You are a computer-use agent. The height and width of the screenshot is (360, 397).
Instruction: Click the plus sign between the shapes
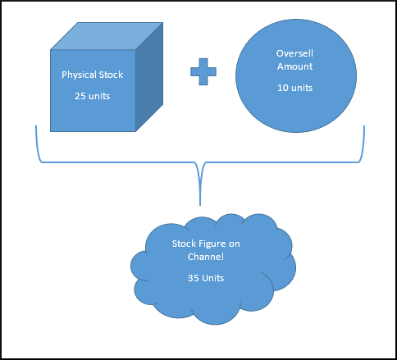click(x=203, y=71)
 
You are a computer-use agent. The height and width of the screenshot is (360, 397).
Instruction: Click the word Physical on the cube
click(x=79, y=75)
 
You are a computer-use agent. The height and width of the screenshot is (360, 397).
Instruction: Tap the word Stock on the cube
click(x=111, y=75)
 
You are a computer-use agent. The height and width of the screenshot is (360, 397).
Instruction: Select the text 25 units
click(x=93, y=96)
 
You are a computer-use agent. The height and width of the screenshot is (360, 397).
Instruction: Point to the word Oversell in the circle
click(x=294, y=53)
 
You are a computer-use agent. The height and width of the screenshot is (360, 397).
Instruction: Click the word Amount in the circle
click(x=294, y=66)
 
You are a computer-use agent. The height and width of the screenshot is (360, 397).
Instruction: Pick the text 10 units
click(x=294, y=88)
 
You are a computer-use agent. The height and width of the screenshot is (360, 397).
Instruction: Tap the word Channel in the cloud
click(x=206, y=257)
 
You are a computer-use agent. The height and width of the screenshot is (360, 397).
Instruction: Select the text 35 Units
click(x=206, y=278)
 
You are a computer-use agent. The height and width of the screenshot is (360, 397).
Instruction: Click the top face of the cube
click(x=107, y=36)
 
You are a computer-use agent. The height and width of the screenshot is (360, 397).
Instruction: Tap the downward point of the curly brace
click(x=200, y=205)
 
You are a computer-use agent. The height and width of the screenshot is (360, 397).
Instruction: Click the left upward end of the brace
click(x=36, y=126)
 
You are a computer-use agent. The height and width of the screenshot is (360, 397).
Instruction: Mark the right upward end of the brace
click(x=364, y=126)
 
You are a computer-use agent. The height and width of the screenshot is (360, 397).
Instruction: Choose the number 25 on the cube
click(x=80, y=96)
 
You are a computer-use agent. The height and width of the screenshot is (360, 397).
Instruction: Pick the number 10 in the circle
click(x=283, y=88)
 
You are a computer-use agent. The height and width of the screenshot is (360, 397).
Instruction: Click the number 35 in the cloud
click(x=193, y=278)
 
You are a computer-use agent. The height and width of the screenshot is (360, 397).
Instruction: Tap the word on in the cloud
click(x=235, y=244)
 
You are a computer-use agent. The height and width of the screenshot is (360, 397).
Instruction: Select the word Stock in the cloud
click(x=184, y=244)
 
